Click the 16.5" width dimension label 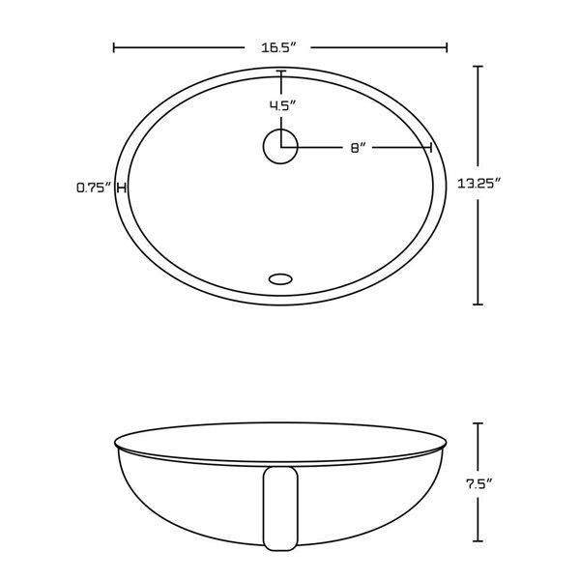[x=280, y=45]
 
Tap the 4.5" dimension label [x=281, y=106]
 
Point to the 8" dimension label [x=357, y=148]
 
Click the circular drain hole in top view [x=280, y=147]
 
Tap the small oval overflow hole [x=280, y=278]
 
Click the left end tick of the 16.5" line [x=114, y=46]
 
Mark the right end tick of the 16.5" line [x=447, y=46]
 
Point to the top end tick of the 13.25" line [x=478, y=67]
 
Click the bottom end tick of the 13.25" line [x=478, y=304]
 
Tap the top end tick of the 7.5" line [x=477, y=422]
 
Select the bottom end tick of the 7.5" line [x=477, y=538]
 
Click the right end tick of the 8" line [x=430, y=147]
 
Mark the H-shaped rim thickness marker [x=121, y=188]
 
